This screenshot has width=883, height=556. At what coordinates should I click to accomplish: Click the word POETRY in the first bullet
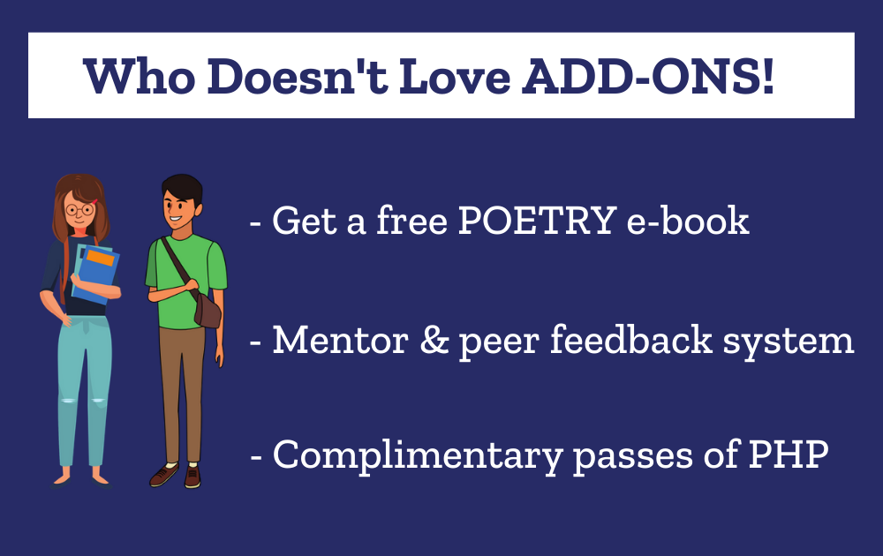[x=537, y=220]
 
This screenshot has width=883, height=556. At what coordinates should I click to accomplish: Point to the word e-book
[x=688, y=220]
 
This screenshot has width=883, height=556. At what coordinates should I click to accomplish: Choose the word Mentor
[x=341, y=340]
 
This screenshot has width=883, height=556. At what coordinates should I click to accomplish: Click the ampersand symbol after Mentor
[x=434, y=340]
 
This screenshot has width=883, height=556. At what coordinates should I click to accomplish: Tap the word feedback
[x=631, y=340]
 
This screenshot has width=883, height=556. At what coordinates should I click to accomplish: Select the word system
[x=789, y=342]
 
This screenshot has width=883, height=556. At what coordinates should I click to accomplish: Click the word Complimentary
[x=418, y=455]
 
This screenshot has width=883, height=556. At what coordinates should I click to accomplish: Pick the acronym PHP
[x=789, y=454]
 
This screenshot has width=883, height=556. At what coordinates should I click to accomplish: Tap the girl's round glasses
[x=80, y=210]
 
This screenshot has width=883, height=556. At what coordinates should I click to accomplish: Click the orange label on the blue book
[x=101, y=258]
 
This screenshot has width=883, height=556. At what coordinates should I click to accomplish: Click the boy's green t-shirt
[x=185, y=282]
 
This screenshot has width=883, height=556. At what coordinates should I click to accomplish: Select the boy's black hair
[x=182, y=189]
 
